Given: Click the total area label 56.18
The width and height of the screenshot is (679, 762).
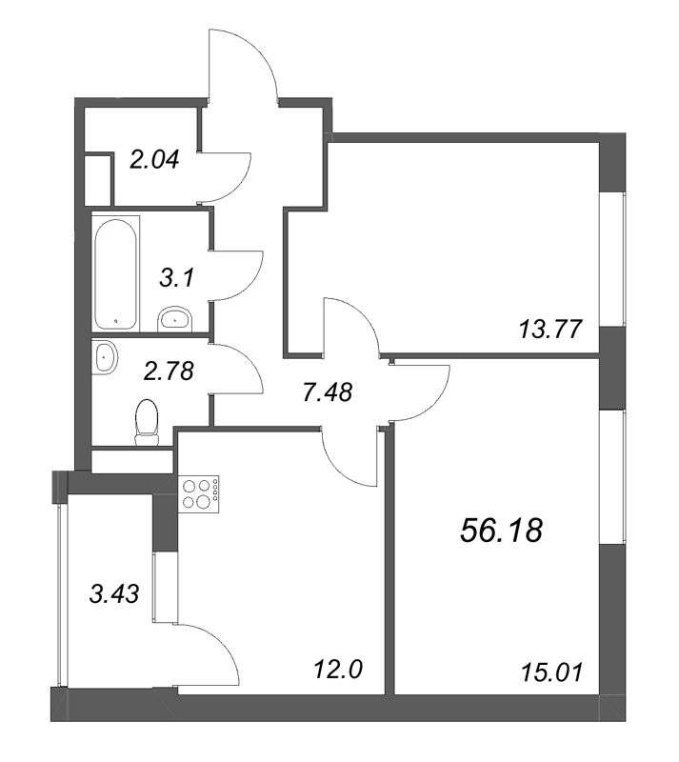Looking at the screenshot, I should click(x=500, y=531).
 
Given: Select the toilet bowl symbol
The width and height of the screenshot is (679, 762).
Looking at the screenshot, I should click(x=146, y=422).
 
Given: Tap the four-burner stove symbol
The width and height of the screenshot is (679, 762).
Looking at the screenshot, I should click(x=199, y=492).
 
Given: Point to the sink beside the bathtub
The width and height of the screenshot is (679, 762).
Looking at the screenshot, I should click(x=174, y=318).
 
